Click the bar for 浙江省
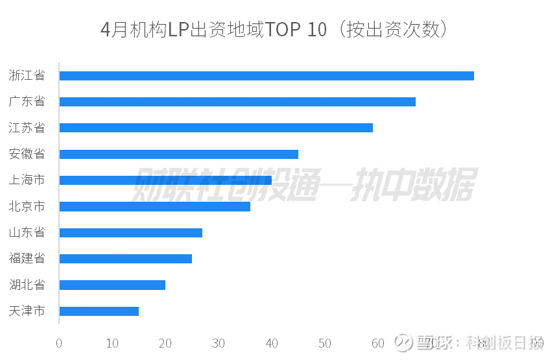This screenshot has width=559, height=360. [x=267, y=76]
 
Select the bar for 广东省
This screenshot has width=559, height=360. [x=237, y=102]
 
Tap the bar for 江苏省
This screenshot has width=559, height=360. [x=216, y=128]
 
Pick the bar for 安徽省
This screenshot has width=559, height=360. [x=179, y=154]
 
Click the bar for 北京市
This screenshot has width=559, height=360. [x=155, y=206]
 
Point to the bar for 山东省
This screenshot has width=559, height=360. [x=131, y=233]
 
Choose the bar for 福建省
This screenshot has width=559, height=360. [x=126, y=259]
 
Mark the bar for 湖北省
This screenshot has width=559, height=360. [x=112, y=285]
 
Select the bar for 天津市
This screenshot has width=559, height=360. [x=99, y=311]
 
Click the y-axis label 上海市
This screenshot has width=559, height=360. [x=27, y=180]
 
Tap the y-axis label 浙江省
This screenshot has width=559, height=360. [x=27, y=76]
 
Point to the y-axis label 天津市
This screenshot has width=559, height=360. [x=27, y=311]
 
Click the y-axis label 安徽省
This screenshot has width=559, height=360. [x=27, y=154]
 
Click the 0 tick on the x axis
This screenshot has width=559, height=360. [x=59, y=343]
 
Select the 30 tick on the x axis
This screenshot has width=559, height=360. [x=219, y=343]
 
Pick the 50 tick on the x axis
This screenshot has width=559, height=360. [x=325, y=343]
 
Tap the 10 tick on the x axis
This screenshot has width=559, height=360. [x=112, y=343]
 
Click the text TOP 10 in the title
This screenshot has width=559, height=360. [x=296, y=30]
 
